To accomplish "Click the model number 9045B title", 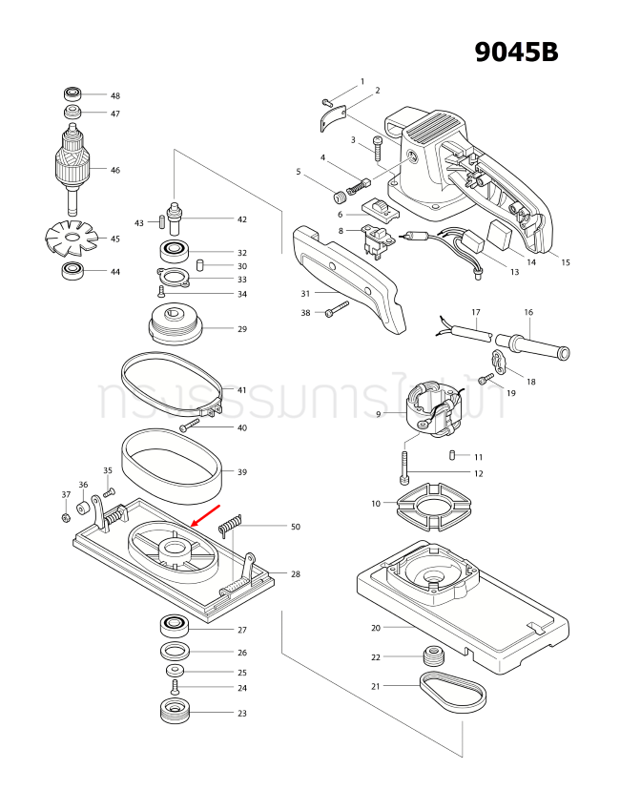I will point(516,52).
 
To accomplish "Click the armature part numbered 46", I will point(73,169).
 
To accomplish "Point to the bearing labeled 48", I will point(73,94).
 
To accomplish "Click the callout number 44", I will point(114,272).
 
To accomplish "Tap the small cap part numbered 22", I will point(434,656).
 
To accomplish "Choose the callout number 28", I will point(296,574).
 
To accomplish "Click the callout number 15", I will point(565,262).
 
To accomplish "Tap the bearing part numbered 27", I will point(176,627).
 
